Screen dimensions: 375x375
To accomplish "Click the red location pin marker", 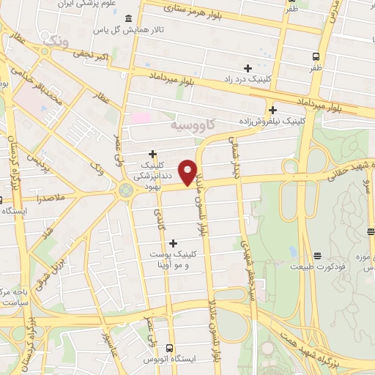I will click(x=188, y=173).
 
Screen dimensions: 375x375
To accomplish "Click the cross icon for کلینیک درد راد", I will click(x=248, y=67).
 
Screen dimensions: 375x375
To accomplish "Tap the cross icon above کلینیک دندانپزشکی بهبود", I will click(x=152, y=154).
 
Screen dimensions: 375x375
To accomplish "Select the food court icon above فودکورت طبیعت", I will click(x=317, y=256).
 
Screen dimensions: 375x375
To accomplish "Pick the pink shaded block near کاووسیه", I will click(x=140, y=118).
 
